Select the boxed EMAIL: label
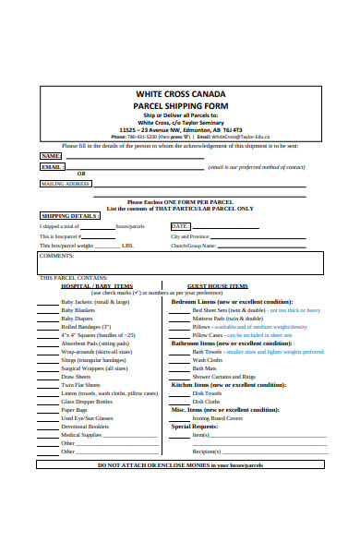[x=52, y=167]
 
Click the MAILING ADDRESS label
[x=66, y=184]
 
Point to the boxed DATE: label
[x=180, y=225]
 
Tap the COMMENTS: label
[x=56, y=256]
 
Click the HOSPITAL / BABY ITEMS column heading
[x=97, y=286]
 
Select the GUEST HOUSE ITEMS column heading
[x=217, y=286]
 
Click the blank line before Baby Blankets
[x=47, y=310]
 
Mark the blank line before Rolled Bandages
[x=47, y=327]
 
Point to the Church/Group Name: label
[x=192, y=246]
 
